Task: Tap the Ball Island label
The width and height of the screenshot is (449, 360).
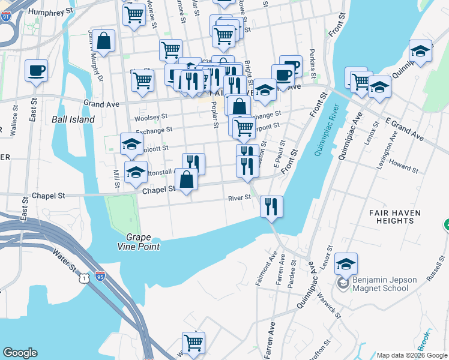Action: tap(73, 119)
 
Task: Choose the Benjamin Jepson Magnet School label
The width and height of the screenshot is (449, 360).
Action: tap(381, 283)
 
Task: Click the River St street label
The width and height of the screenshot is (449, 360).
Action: tap(238, 199)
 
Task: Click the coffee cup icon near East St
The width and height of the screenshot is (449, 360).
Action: tap(36, 70)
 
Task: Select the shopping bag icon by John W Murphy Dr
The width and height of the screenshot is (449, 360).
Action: tap(104, 41)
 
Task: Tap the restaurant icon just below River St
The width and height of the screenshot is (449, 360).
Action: tap(271, 206)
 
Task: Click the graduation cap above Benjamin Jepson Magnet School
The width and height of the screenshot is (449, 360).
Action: tap(346, 263)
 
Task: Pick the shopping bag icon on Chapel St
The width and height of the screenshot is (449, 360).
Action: tap(187, 179)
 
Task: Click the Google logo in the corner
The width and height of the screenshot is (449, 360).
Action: tap(20, 353)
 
